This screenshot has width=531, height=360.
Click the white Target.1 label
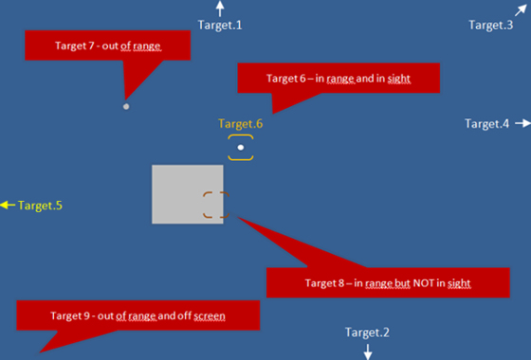point(220,25)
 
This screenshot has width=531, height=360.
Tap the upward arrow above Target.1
point(220,9)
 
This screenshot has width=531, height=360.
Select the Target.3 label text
point(490,25)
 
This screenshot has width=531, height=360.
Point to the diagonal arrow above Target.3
point(520,9)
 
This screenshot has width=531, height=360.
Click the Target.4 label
point(486,124)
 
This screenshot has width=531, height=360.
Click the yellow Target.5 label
point(40,205)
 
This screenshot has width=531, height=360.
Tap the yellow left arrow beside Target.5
point(8,205)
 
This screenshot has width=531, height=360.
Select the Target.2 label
point(367,333)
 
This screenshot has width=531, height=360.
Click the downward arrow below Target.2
point(368,351)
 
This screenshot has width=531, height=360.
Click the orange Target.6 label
point(240,123)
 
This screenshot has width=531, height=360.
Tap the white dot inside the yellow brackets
point(241,148)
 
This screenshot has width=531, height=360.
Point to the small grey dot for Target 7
point(126,106)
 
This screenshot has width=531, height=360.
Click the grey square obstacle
point(180,194)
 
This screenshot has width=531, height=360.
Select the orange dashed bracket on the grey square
point(215,205)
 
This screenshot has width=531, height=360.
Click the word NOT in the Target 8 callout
point(402,282)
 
